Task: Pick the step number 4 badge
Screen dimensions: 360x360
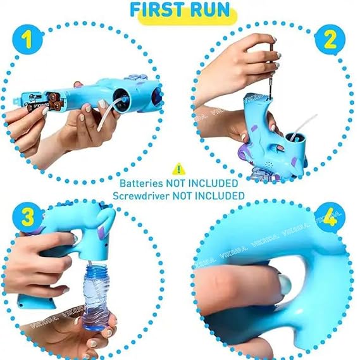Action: [x=330, y=218]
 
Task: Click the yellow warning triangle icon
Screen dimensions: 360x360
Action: [x=179, y=169]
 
